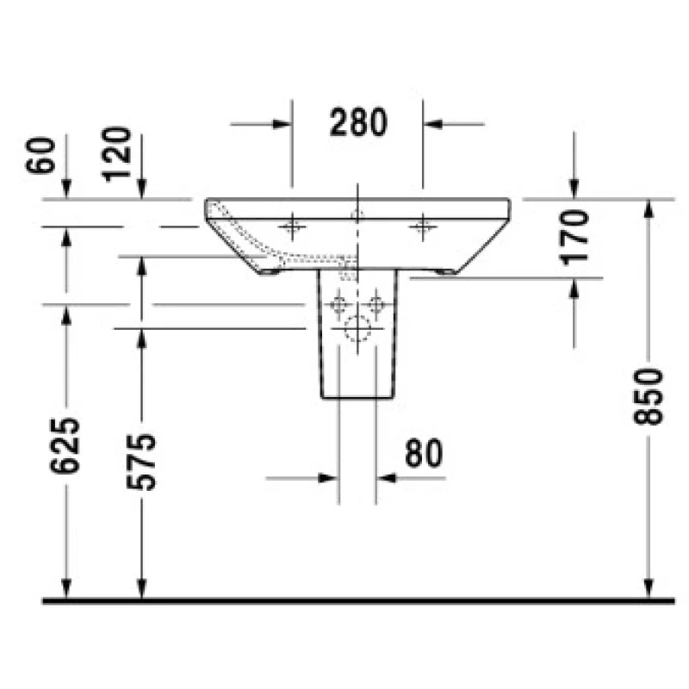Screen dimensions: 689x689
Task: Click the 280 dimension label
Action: coord(358,122)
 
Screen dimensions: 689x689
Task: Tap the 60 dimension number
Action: coord(40,155)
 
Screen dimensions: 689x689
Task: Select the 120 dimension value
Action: coord(116,154)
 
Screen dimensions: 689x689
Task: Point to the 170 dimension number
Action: coord(574,238)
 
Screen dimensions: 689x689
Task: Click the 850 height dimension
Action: coord(648,397)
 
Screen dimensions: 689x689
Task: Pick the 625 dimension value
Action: coord(65,445)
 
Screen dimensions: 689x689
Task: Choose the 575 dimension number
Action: coord(141,462)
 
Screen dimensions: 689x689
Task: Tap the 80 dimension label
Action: coord(424,453)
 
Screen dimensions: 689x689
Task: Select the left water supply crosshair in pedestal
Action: coord(338,304)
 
